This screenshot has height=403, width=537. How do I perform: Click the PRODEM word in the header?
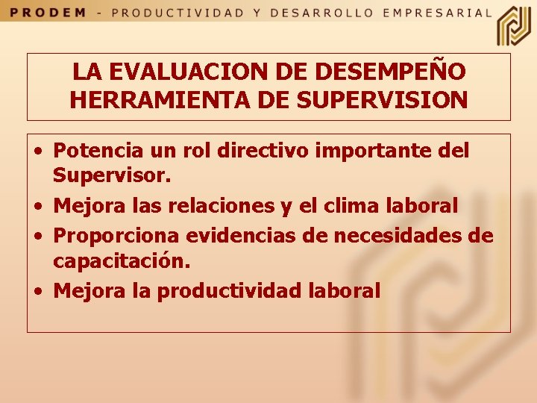coord(50,13)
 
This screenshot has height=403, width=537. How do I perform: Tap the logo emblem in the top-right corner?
coord(514,25)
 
